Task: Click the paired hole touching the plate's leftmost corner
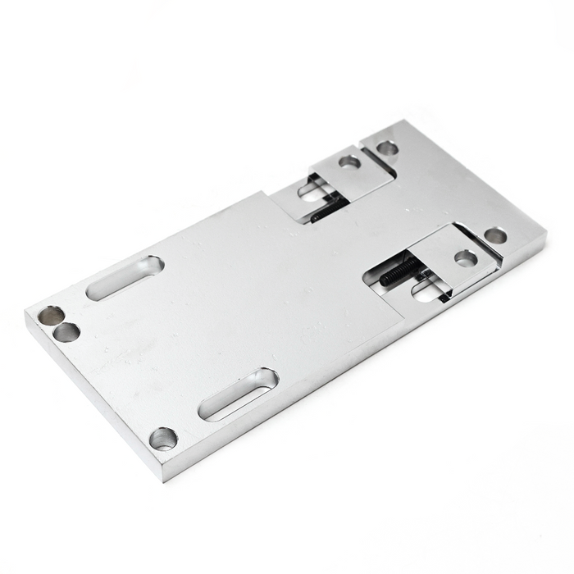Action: pyautogui.click(x=51, y=315)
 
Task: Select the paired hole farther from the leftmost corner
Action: pyautogui.click(x=66, y=332)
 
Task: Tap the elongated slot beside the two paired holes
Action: pyautogui.click(x=125, y=277)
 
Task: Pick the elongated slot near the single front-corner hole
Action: pyautogui.click(x=239, y=394)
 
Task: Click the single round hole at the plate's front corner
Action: pyautogui.click(x=163, y=438)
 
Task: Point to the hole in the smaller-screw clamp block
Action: pyautogui.click(x=349, y=162)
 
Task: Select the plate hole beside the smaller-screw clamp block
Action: pyautogui.click(x=387, y=148)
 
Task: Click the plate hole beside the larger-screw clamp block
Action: pyautogui.click(x=495, y=235)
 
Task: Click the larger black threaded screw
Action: pyautogui.click(x=401, y=272)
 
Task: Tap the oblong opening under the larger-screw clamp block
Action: pyautogui.click(x=426, y=288)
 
